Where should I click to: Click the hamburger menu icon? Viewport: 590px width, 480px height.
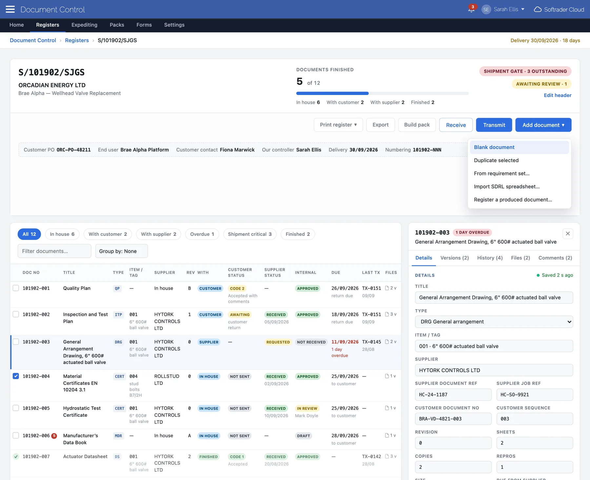point(10,9)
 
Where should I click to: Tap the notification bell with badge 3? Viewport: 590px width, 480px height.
point(471,9)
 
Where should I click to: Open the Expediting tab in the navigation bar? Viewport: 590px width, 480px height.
point(84,25)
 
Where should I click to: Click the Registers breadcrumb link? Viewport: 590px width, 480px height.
point(77,40)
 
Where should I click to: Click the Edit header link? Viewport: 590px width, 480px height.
point(557,95)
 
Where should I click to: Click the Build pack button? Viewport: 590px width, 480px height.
point(417,125)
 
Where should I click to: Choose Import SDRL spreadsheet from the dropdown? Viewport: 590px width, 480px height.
point(507,186)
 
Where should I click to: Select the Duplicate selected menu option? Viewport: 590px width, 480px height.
point(496,160)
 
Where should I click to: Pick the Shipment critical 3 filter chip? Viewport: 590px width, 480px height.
point(250,234)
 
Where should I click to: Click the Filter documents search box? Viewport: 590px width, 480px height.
point(54,251)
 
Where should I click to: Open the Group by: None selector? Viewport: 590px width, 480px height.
point(121,251)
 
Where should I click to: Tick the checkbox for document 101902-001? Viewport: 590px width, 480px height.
point(16,288)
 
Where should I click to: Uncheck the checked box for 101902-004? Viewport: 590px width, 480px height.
point(16,376)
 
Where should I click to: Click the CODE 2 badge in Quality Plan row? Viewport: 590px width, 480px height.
point(237,288)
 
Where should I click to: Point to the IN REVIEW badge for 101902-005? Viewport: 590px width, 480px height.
point(307,408)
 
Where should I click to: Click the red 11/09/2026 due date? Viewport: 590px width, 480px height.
point(345,342)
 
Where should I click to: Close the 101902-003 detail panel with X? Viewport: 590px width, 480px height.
point(568,234)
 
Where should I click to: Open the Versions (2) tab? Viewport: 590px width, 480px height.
point(455,258)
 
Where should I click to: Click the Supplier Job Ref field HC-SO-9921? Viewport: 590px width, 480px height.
point(535,394)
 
